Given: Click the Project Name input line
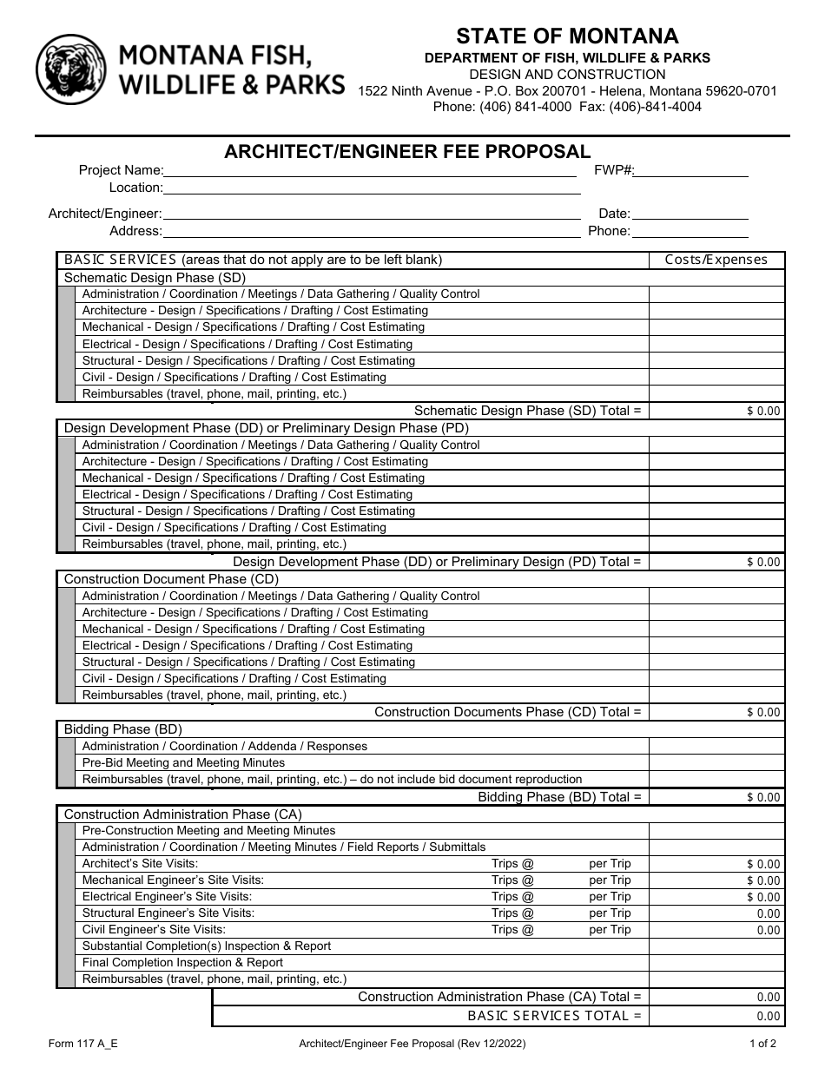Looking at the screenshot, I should pos(372,171).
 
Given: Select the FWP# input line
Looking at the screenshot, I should pos(691,171).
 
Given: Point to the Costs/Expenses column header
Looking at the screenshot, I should pos(716,260).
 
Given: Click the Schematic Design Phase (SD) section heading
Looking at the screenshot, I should pos(155,278).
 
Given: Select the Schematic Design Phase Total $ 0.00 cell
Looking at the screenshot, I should pos(716,411).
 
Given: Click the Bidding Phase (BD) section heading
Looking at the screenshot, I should pos(122,729).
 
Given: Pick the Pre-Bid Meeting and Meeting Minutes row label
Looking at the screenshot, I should pos(183,762).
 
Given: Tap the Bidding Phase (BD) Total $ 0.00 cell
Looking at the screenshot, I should pos(716,796).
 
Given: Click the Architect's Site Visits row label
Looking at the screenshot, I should pos(140,863).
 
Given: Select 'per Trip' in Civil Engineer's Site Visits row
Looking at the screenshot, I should pos(610,929).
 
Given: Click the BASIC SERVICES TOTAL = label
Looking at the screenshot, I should pos(554,1015).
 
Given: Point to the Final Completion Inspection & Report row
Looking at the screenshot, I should pos(182,962).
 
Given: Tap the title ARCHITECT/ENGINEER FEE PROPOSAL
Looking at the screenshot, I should pos(407,151).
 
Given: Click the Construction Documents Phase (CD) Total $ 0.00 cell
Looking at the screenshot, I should pos(716,712).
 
